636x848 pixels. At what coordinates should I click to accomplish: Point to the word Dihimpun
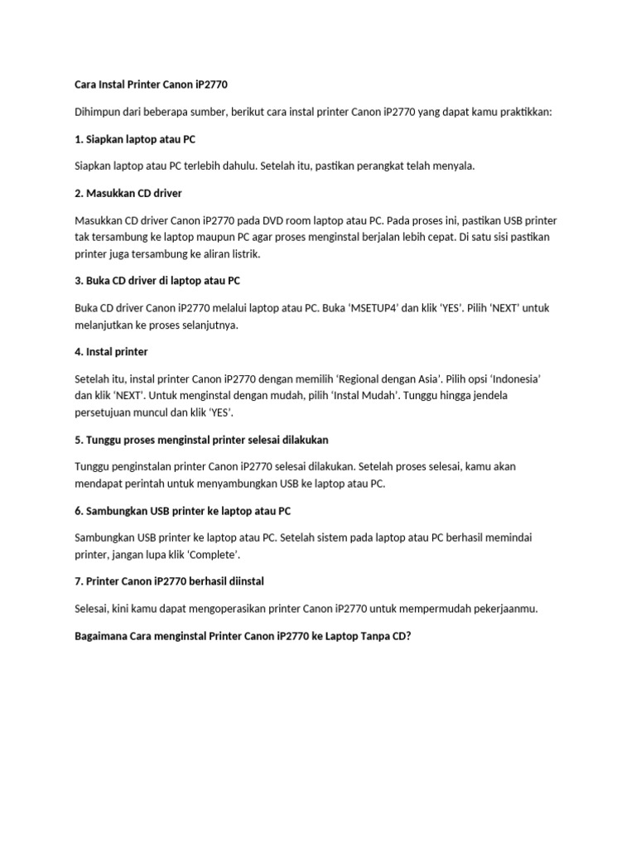[x=98, y=112]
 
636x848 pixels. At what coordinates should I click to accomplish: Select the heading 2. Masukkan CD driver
[x=128, y=193]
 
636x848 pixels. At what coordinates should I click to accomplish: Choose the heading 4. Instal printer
[x=111, y=351]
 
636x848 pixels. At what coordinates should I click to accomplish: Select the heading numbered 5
[x=202, y=439]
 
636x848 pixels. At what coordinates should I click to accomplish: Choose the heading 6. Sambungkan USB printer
[x=182, y=510]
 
